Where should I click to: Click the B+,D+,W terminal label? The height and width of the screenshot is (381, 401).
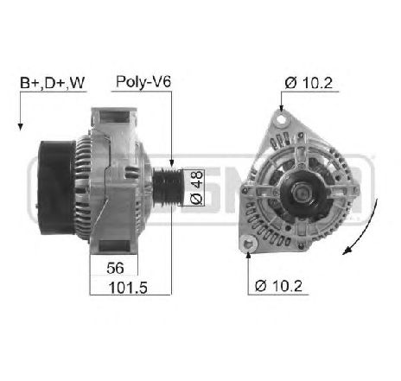click(x=53, y=83)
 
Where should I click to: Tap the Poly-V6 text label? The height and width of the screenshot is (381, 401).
click(x=143, y=82)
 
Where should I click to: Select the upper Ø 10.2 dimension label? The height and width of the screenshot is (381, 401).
click(x=309, y=83)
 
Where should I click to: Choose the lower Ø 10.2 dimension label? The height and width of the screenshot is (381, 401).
click(x=278, y=286)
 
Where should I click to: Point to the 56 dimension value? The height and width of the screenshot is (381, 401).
click(x=115, y=268)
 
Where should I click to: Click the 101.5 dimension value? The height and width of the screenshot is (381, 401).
click(x=128, y=288)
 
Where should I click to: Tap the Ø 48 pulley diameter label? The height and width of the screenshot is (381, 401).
click(x=197, y=187)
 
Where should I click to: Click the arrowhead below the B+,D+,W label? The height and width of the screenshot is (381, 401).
click(x=20, y=126)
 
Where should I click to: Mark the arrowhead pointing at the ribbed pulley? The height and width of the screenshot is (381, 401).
click(x=171, y=163)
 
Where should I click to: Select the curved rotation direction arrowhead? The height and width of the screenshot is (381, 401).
click(x=347, y=251)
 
